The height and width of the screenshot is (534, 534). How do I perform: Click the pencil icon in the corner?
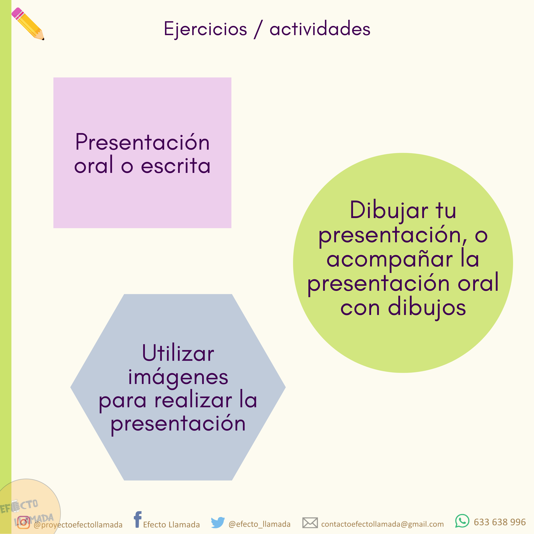click(x=28, y=24)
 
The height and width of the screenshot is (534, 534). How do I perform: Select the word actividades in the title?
click(x=320, y=29)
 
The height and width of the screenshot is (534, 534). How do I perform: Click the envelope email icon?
click(x=310, y=523)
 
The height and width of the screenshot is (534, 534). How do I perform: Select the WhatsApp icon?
click(x=462, y=521)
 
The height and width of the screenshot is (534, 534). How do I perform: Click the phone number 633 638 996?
click(x=500, y=522)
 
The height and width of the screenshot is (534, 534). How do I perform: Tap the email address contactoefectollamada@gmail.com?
click(x=383, y=524)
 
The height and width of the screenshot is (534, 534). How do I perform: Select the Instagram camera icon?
click(x=24, y=522)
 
